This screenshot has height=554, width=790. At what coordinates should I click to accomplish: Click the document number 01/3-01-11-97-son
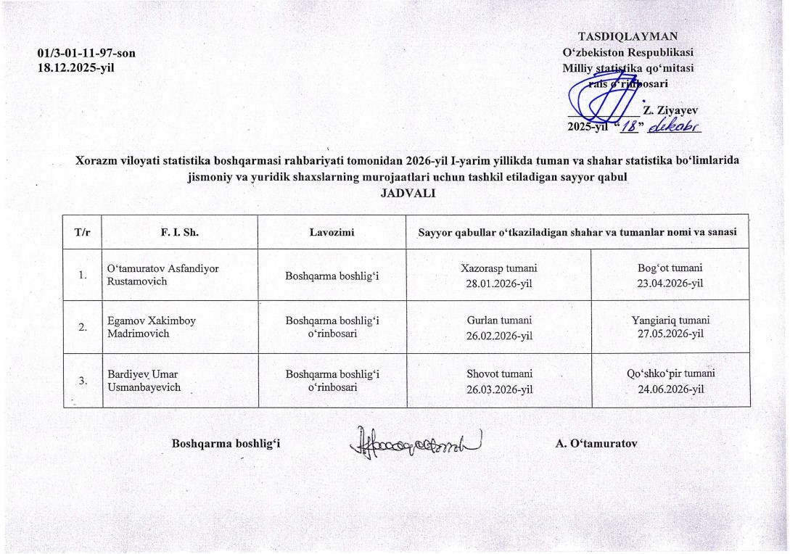86,54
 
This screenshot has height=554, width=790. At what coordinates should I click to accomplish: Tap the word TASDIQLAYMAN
628,36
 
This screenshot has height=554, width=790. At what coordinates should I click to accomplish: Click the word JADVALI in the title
407,192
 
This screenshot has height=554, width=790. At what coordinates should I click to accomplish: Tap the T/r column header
83,233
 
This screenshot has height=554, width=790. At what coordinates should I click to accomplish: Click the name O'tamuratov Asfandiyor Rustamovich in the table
163,275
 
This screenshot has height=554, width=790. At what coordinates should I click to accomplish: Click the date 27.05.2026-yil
670,334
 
